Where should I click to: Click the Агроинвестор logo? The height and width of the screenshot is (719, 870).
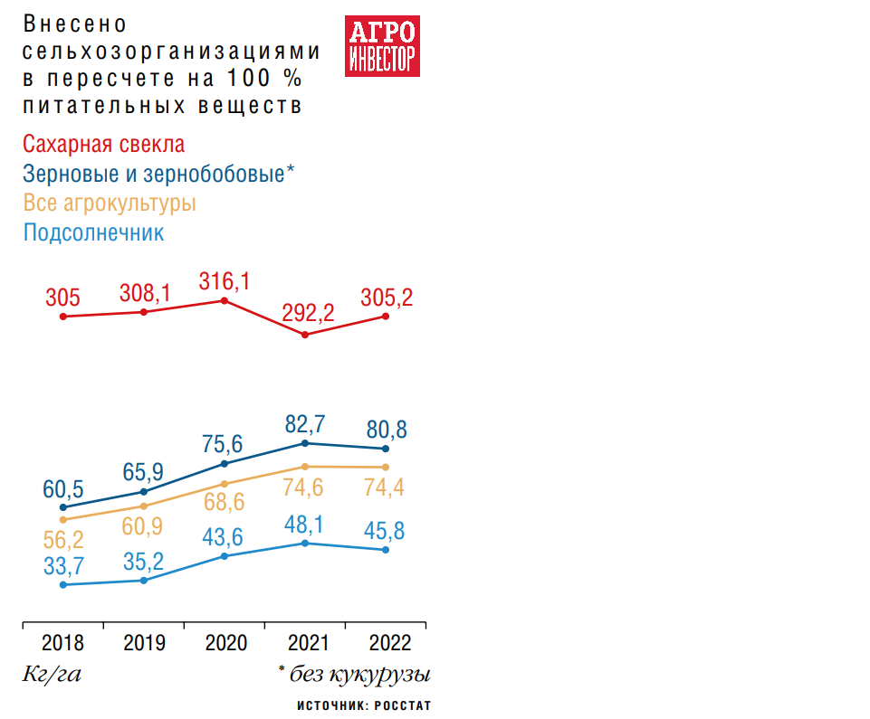pyautogui.click(x=381, y=45)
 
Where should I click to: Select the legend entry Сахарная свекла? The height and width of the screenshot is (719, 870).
pyautogui.click(x=104, y=145)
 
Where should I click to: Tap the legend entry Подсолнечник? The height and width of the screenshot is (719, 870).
pyautogui.click(x=93, y=232)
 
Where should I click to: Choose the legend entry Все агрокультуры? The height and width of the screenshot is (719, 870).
pyautogui.click(x=110, y=203)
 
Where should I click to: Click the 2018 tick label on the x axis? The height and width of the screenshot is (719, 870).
pyautogui.click(x=62, y=643)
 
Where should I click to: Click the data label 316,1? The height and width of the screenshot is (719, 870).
pyautogui.click(x=225, y=282)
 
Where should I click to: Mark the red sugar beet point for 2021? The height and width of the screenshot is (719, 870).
pyautogui.click(x=305, y=335)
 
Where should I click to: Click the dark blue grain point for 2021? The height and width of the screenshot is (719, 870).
pyautogui.click(x=305, y=443)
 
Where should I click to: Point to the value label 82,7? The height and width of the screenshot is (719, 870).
pyautogui.click(x=305, y=422)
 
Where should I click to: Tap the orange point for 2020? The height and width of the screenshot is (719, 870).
pyautogui.click(x=225, y=484)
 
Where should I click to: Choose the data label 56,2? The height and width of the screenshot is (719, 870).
pyautogui.click(x=63, y=539)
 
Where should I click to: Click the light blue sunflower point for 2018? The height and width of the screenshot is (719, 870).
pyautogui.click(x=62, y=585)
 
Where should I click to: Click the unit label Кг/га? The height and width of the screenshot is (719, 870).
pyautogui.click(x=52, y=675)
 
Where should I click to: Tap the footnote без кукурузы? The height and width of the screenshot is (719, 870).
pyautogui.click(x=354, y=675)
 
